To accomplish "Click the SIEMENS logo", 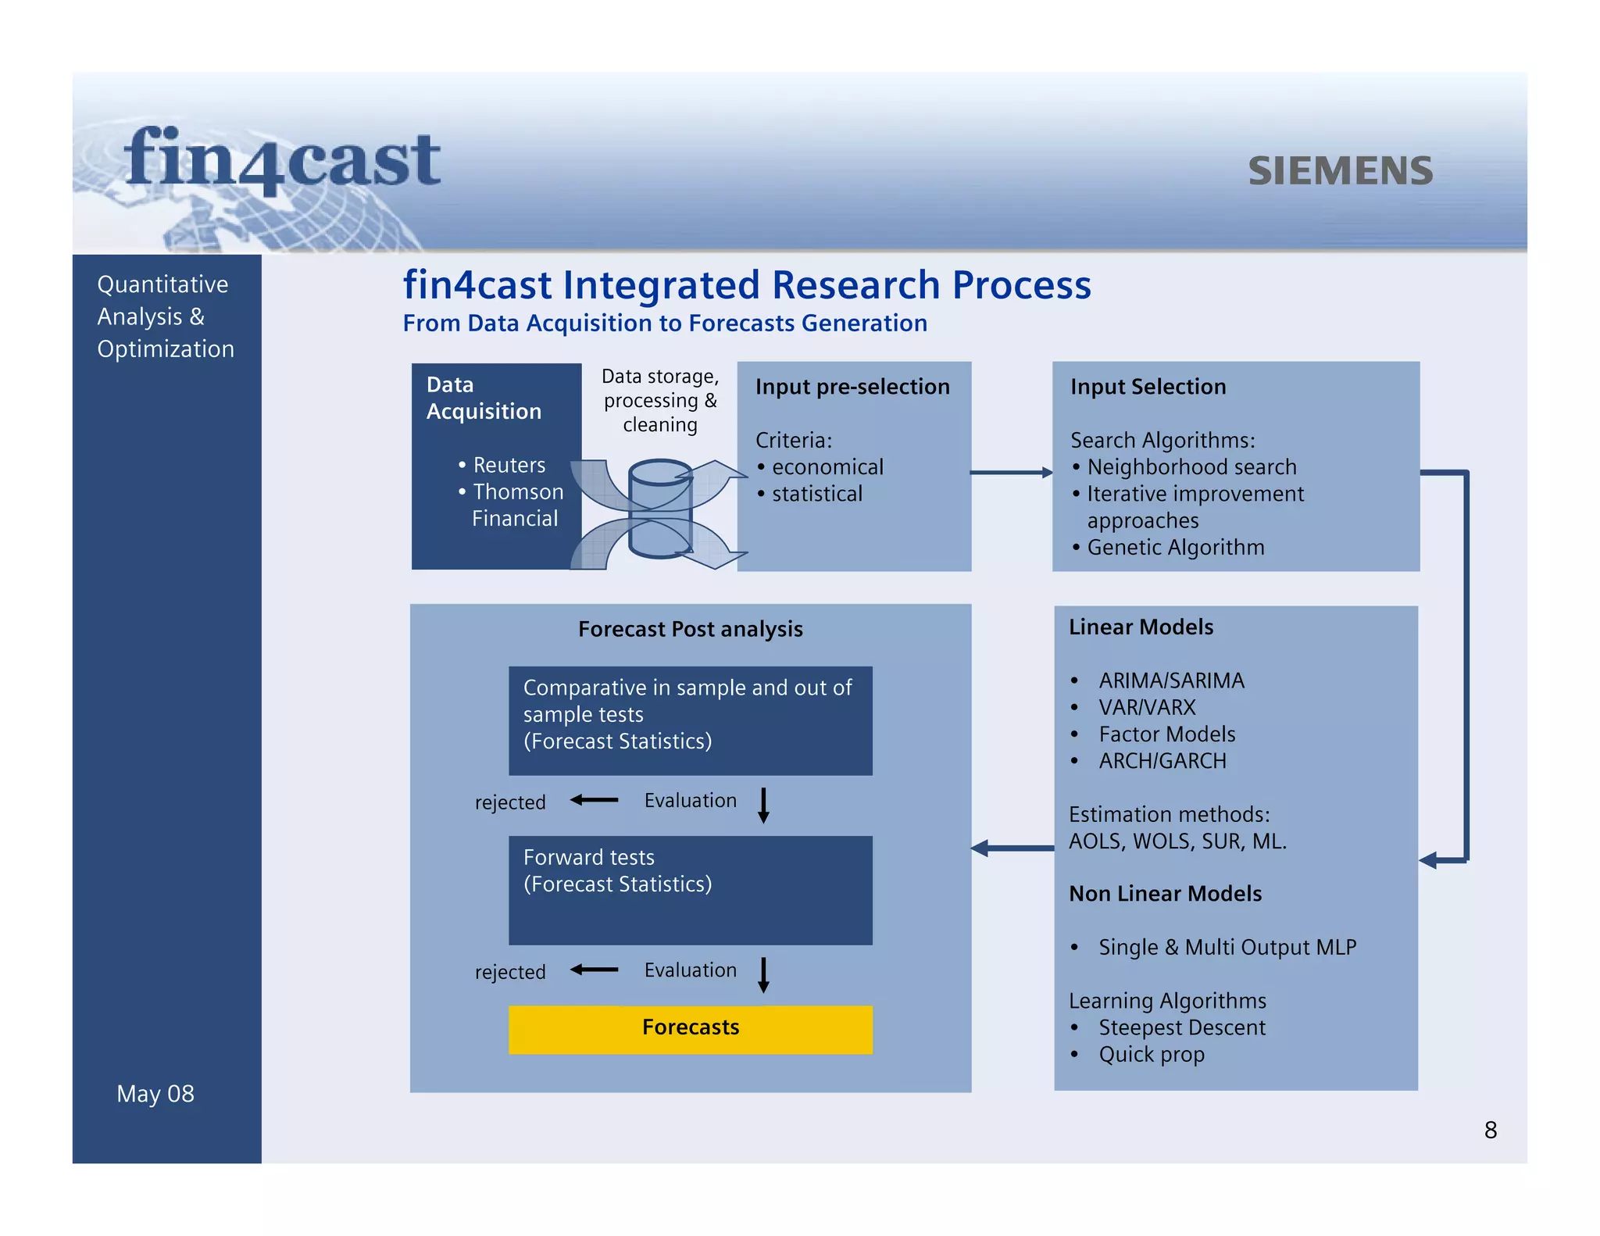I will coord(1340,171).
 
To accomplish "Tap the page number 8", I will coord(1490,1130).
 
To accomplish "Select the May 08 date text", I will coord(155,1093).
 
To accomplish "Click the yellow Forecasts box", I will coord(690,1028).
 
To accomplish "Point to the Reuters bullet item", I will coord(509,465).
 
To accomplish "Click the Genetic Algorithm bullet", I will coord(1174,547).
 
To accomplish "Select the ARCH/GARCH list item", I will coord(1162,760).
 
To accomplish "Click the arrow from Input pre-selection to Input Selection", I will coord(1011,472).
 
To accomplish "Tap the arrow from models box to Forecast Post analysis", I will coord(1012,848).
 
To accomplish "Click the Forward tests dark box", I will coord(690,889).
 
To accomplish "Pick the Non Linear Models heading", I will coord(1164,893).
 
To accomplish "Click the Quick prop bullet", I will coord(1151,1054).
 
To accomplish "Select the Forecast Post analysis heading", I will coord(690,629).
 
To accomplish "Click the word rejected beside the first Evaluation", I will coord(509,802).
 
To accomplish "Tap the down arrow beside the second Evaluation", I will coord(763,975).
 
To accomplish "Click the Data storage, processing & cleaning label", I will coord(660,401).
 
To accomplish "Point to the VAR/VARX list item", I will coord(1146,707).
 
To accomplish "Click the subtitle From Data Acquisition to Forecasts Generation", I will coord(664,323).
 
